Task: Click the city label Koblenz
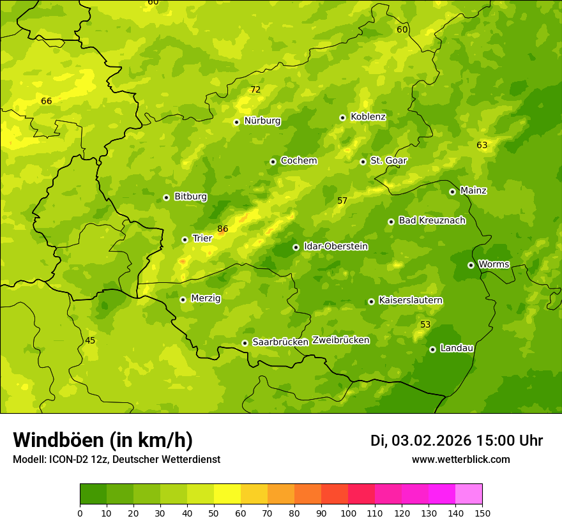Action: coord(368,117)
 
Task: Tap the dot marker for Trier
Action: coord(185,239)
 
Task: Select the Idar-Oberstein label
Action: coord(336,246)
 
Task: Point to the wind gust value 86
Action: coord(222,229)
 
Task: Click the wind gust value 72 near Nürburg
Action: coord(255,89)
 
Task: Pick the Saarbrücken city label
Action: coord(280,342)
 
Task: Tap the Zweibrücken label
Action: coord(341,340)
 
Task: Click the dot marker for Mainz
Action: coord(452,192)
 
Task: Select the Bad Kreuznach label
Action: coord(432,220)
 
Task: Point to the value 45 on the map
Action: coord(90,340)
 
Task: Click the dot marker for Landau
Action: coord(432,349)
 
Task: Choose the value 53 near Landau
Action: coord(425,325)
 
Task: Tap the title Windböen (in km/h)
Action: coord(103,440)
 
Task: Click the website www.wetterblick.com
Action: coord(460,460)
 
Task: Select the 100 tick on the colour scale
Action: coord(348,513)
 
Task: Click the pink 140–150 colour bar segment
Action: coord(469,494)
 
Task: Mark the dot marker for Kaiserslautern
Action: coord(371,301)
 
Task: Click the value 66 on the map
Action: coord(47,101)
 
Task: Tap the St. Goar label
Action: coord(388,161)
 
